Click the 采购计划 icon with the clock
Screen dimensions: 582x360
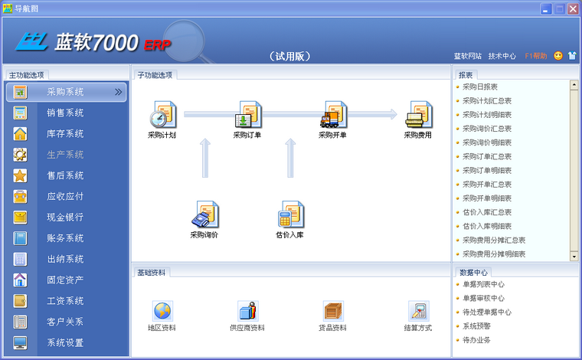tap(163, 114)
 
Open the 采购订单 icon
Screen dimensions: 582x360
tap(248, 114)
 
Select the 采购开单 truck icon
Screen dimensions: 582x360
tap(334, 114)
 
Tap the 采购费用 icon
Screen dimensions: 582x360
tap(419, 114)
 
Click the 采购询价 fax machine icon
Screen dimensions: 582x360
tap(205, 214)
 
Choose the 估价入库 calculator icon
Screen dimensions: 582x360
tap(291, 214)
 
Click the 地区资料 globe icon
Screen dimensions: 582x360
tap(162, 311)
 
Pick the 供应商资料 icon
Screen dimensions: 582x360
tap(248, 311)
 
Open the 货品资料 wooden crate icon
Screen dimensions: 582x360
tap(333, 311)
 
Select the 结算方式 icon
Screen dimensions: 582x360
tap(419, 311)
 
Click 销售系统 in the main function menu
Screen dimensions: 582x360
tap(65, 113)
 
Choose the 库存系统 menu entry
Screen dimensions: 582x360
tap(65, 133)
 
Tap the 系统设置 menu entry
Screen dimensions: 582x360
tap(65, 342)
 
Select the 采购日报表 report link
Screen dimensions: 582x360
tap(480, 87)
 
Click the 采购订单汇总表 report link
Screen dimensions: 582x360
tap(487, 156)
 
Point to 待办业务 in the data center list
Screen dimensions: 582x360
tap(476, 340)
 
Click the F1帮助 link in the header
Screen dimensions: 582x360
tap(536, 56)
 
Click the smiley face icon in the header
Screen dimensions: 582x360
tap(557, 56)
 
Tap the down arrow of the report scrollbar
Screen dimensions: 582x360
tap(574, 257)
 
